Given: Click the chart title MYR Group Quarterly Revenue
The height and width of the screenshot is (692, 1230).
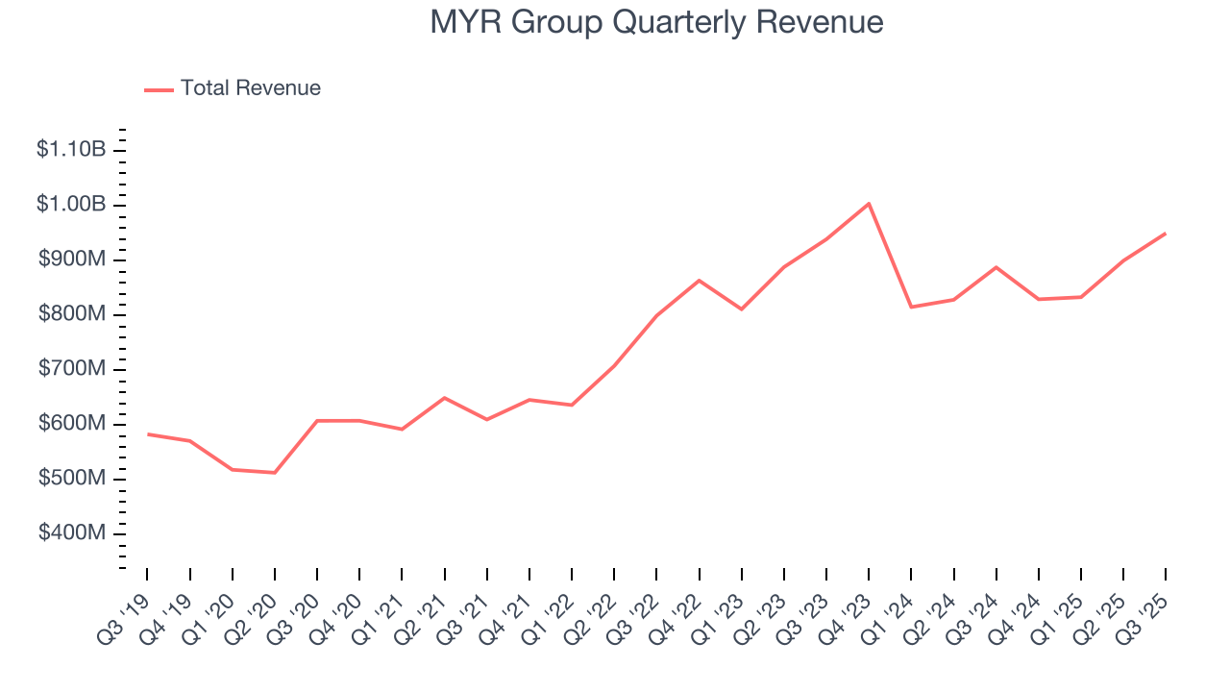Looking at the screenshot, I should point(656,21).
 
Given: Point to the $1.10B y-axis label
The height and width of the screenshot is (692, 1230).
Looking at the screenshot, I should point(71,150).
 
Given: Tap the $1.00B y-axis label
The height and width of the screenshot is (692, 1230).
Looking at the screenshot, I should point(71,205).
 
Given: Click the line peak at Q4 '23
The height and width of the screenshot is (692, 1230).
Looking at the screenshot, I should point(869,204).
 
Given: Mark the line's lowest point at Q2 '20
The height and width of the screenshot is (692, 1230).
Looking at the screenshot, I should point(275,473).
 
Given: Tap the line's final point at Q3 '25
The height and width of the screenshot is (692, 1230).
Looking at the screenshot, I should point(1165,234).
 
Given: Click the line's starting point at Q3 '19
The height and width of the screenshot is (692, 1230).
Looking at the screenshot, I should point(148,434).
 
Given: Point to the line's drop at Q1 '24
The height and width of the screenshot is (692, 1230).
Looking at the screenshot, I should point(911,307).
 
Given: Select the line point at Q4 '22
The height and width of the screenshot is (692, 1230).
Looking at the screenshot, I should point(699,281).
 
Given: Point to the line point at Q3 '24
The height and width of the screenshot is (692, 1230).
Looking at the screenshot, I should point(996,267).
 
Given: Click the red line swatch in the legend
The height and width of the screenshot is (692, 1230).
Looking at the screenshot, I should point(159,89).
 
